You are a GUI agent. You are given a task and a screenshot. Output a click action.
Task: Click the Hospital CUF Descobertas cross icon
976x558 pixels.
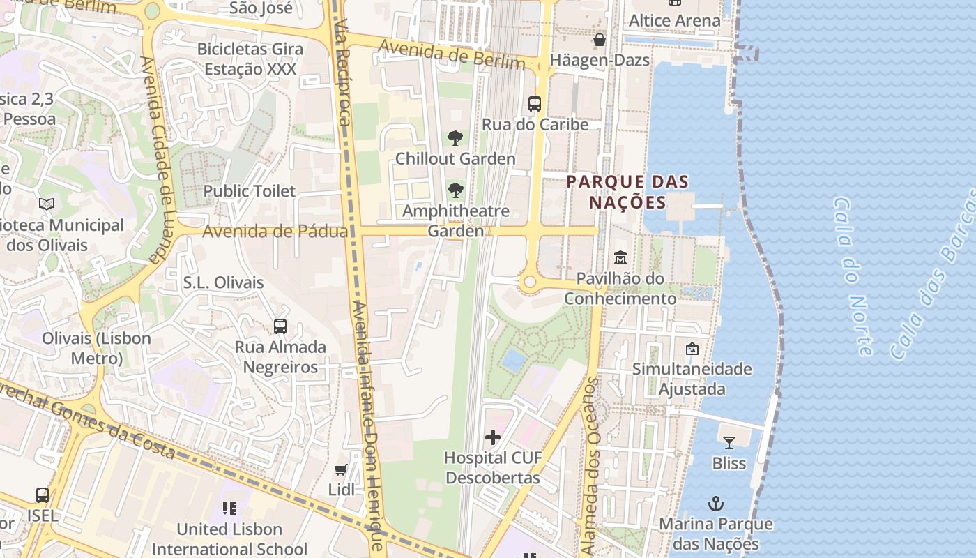[493, 437]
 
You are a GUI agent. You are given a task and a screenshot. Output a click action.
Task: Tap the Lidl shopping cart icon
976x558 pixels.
[341, 469]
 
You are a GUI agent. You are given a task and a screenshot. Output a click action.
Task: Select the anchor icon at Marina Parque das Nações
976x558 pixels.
[716, 503]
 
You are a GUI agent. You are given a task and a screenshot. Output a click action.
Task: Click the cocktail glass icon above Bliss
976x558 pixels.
[729, 442]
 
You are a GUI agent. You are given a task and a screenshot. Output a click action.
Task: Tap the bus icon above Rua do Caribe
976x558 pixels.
[535, 104]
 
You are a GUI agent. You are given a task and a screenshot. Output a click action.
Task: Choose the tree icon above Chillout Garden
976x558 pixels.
[455, 138]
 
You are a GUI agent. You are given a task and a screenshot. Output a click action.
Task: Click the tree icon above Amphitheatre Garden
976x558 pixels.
[455, 190]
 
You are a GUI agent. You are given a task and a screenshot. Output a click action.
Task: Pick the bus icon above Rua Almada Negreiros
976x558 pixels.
[280, 326]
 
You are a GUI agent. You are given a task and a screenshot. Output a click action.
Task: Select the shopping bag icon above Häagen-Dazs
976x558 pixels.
[600, 40]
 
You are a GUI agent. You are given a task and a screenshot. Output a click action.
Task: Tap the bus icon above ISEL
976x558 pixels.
[43, 495]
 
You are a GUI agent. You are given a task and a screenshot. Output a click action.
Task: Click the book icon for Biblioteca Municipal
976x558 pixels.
[47, 204]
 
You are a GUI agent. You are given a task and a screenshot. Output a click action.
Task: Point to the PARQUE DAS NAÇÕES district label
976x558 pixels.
[627, 192]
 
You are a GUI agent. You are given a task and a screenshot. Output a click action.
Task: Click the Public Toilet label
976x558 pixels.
[250, 191]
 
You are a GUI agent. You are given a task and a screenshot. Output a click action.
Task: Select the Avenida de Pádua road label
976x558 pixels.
[275, 231]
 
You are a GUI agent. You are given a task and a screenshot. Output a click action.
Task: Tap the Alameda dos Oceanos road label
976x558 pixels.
[590, 457]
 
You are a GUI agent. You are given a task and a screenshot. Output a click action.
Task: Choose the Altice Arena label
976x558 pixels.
[674, 20]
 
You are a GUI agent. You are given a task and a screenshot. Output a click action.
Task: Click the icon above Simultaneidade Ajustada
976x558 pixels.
[692, 348]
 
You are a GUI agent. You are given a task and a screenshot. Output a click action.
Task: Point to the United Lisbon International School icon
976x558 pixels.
[229, 508]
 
